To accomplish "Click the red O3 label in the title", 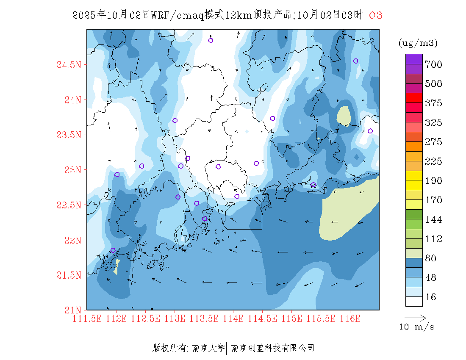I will click(x=376, y=15).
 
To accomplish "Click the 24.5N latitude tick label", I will click(x=69, y=65).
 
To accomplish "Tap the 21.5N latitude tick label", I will click(x=69, y=276).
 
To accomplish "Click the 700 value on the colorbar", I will click(x=433, y=64).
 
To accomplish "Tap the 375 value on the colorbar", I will click(x=433, y=103).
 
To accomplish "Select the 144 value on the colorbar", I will click(x=433, y=220).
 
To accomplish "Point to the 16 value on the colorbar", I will click(x=430, y=297).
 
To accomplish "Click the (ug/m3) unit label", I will click(x=418, y=43).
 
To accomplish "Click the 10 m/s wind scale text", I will click(x=417, y=327).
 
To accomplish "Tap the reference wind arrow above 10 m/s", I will click(x=415, y=317).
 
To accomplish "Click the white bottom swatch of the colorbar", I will click(x=414, y=301).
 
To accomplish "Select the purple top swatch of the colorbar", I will click(x=414, y=59).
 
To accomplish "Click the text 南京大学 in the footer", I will click(x=208, y=348).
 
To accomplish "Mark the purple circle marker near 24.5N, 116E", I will click(x=356, y=61).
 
